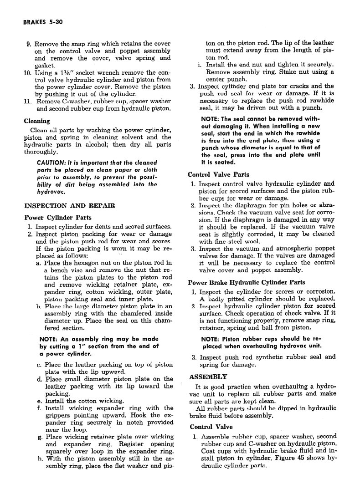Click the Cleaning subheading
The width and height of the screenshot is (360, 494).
[x=37, y=121]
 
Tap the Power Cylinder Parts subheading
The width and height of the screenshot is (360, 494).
[x=57, y=217]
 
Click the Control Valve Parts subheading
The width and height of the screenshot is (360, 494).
[x=218, y=174]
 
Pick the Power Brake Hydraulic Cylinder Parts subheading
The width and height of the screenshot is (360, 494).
[x=247, y=282]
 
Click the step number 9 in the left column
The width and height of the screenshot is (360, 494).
[x=28, y=44]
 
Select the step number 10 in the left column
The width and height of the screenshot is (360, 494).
[x=27, y=73]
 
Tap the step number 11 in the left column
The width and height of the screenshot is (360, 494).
[x=27, y=102]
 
